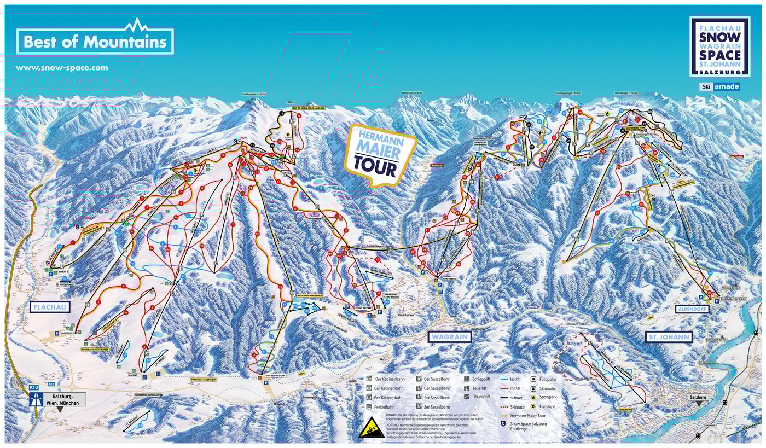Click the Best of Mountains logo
(x=95, y=41)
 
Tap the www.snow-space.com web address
(x=62, y=68)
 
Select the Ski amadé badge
(x=719, y=86)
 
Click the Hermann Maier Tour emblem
(x=379, y=154)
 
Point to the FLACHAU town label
(x=50, y=307)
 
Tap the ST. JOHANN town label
(x=669, y=337)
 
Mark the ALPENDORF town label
(x=692, y=309)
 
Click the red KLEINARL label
(x=437, y=164)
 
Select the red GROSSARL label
(x=736, y=156)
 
